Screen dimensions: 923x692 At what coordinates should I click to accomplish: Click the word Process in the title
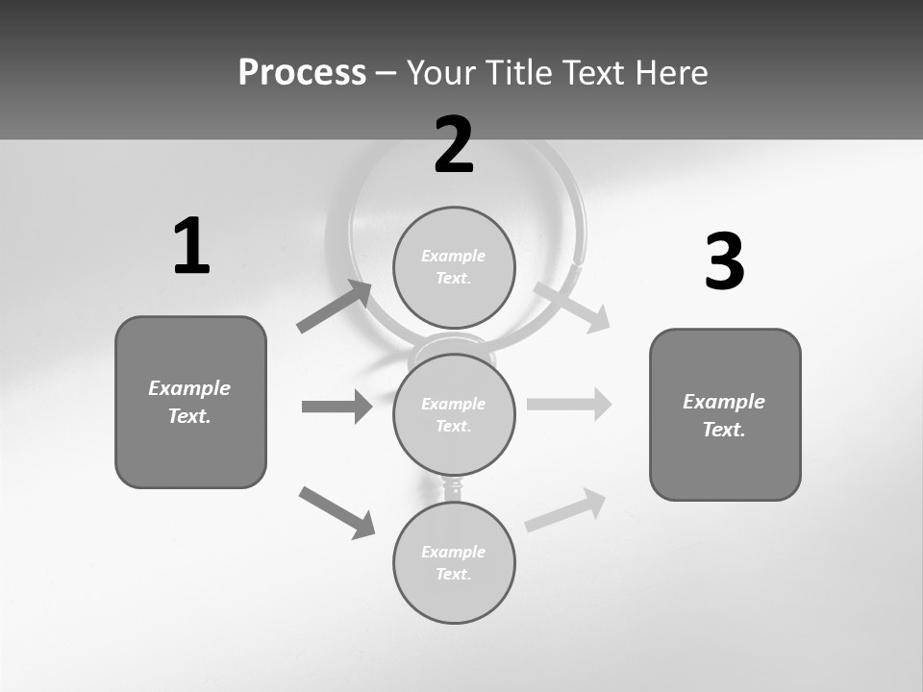click(302, 73)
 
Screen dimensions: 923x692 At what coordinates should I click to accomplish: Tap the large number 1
click(191, 246)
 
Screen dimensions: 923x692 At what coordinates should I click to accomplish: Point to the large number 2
click(454, 145)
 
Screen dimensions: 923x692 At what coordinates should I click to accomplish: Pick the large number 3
click(724, 262)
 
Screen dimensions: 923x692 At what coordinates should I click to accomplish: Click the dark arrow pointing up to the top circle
click(335, 307)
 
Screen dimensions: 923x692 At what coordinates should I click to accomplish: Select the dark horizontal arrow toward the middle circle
click(337, 407)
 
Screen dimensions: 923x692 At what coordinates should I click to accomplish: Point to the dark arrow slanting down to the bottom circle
click(337, 512)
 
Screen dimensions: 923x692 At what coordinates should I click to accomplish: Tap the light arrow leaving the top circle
click(571, 307)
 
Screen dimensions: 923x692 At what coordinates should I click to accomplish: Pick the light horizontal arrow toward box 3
click(569, 404)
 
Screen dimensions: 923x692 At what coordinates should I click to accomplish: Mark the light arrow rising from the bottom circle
click(565, 510)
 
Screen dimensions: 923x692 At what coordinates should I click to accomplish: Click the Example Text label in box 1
click(189, 402)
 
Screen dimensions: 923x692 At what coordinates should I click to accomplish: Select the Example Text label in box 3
click(724, 415)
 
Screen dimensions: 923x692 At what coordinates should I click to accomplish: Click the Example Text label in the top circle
click(454, 267)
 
